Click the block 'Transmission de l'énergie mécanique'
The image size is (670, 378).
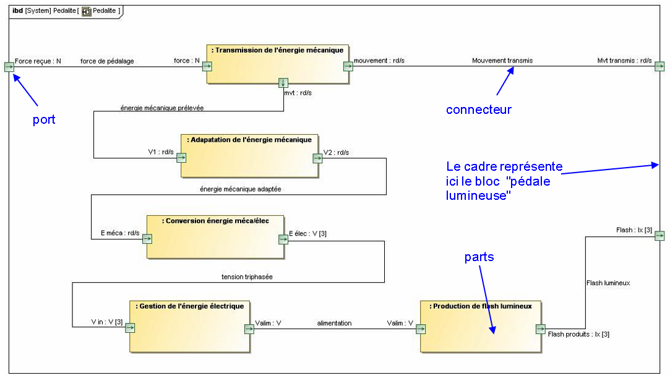(x=277, y=64)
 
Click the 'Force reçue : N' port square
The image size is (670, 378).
(x=9, y=67)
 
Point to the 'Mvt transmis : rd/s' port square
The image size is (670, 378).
(x=659, y=67)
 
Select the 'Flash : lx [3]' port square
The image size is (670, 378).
(x=659, y=236)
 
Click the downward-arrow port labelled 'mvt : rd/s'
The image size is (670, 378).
(x=283, y=83)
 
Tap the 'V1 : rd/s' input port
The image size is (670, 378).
(x=181, y=158)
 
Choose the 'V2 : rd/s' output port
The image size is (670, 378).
(x=317, y=158)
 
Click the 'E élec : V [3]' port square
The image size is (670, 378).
(x=283, y=239)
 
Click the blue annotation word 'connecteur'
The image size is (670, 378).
(x=478, y=110)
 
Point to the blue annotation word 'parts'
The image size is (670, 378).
(x=479, y=257)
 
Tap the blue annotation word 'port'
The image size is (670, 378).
(x=44, y=119)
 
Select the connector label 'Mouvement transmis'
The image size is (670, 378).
(x=502, y=61)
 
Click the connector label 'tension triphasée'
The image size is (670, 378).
(x=247, y=277)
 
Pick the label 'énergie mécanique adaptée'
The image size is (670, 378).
(x=241, y=189)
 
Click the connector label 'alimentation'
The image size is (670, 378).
(x=334, y=323)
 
